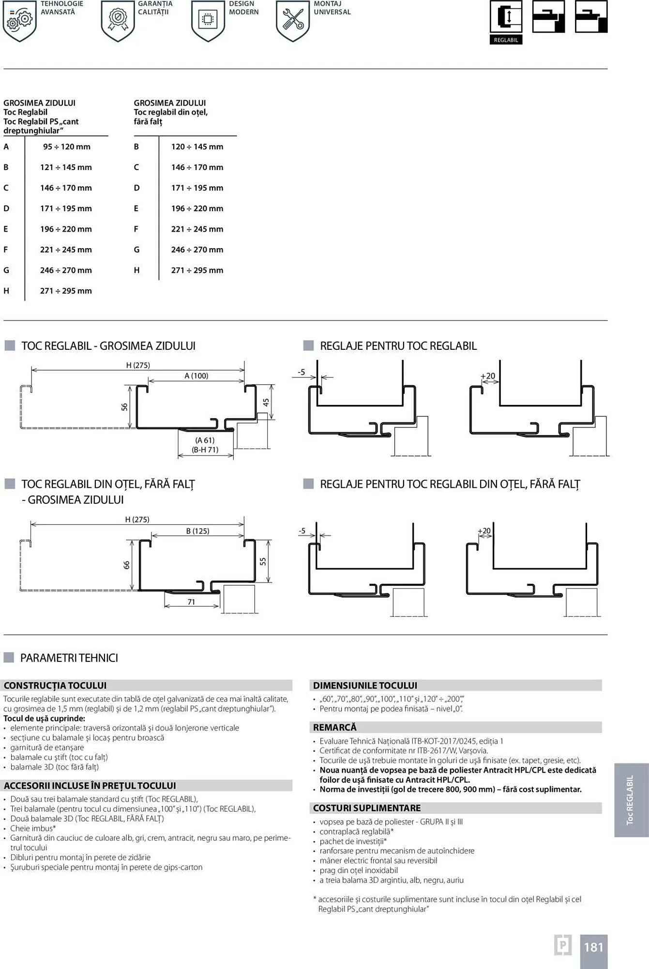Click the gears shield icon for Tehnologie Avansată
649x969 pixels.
(19, 20)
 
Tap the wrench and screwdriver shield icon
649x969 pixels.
(292, 20)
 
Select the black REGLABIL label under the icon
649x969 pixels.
(506, 40)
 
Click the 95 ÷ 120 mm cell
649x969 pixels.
(66, 147)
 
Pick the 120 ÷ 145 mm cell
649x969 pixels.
(197, 147)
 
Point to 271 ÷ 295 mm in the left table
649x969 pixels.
(66, 291)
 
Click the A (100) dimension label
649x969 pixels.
(196, 376)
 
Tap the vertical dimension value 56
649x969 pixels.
(124, 407)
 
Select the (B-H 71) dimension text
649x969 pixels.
(205, 450)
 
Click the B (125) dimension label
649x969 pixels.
(197, 531)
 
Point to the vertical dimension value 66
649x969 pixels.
(126, 565)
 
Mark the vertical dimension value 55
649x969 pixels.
(263, 562)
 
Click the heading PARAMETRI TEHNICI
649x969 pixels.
(69, 658)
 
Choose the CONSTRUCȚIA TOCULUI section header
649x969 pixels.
(55, 686)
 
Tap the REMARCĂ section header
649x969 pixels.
(334, 727)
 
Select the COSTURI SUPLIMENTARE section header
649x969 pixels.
(366, 808)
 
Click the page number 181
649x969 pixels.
(593, 947)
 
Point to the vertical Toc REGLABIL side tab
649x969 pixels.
(630, 800)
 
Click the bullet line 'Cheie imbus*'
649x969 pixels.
(33, 828)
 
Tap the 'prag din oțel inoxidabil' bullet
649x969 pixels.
(358, 870)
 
